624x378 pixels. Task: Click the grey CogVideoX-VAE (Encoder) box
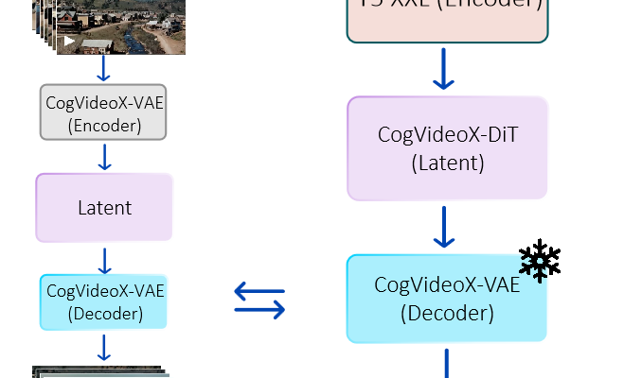click(x=104, y=112)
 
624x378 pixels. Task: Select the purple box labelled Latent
click(x=104, y=207)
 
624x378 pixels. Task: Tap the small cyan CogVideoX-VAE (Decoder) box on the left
click(x=104, y=301)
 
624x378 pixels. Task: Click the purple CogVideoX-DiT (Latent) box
click(x=448, y=148)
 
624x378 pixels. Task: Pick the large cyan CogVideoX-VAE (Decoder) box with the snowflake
click(x=447, y=298)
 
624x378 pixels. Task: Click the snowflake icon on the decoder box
click(x=535, y=267)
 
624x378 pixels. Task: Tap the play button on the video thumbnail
click(x=69, y=42)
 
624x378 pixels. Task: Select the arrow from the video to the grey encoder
click(x=104, y=69)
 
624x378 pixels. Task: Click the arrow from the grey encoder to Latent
click(x=104, y=157)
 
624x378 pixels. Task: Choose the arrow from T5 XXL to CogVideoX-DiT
click(x=444, y=70)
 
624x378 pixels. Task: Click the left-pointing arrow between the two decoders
click(x=259, y=290)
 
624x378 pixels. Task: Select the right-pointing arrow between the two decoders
click(x=260, y=308)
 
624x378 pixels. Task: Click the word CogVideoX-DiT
click(x=448, y=134)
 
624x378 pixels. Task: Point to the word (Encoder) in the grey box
click(x=104, y=124)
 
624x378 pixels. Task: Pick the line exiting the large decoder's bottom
click(x=445, y=363)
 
